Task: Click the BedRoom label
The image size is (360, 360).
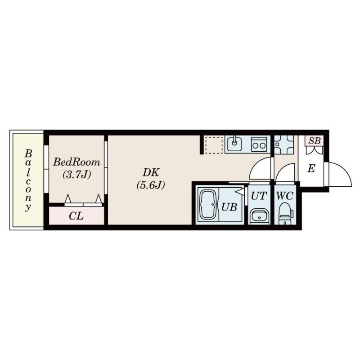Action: pyautogui.click(x=76, y=162)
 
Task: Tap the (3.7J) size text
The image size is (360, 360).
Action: pyautogui.click(x=76, y=175)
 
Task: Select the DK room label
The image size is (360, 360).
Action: pyautogui.click(x=151, y=173)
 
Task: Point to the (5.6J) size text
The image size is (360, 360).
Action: pyautogui.click(x=151, y=185)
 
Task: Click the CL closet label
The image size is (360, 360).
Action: pyautogui.click(x=76, y=216)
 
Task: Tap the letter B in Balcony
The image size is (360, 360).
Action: pyautogui.click(x=28, y=153)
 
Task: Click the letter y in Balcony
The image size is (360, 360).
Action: pyautogui.click(x=28, y=207)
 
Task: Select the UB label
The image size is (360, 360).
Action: pyautogui.click(x=229, y=207)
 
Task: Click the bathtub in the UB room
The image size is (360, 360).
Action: pyautogui.click(x=208, y=205)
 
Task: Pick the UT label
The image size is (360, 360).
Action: pyautogui.click(x=259, y=196)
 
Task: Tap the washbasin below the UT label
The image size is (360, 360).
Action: pyautogui.click(x=260, y=216)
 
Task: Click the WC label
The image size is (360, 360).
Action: pyautogui.click(x=285, y=196)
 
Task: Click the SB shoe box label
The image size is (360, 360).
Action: pyautogui.click(x=314, y=140)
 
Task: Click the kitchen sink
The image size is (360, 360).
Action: pyautogui.click(x=234, y=144)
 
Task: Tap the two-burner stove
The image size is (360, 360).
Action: pyautogui.click(x=259, y=144)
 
